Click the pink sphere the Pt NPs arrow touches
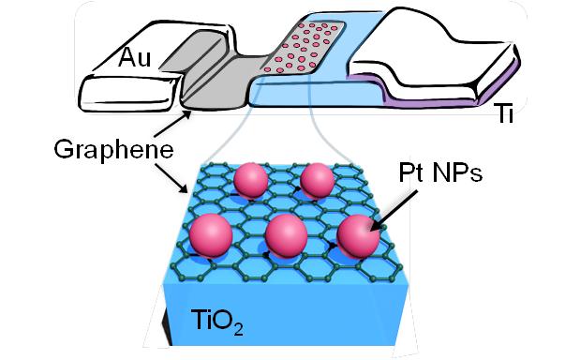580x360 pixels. pos(359,236)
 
